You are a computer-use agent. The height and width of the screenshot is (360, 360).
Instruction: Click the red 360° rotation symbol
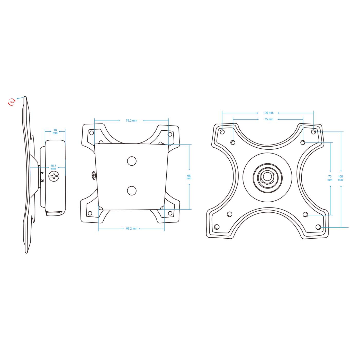(x=12, y=102)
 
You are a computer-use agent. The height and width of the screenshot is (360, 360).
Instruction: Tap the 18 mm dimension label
(x=55, y=131)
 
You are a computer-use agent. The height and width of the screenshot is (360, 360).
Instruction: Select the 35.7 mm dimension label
(x=53, y=167)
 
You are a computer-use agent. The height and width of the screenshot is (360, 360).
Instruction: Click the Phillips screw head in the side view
(x=54, y=176)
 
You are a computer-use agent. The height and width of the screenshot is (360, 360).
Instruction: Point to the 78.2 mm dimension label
(x=131, y=121)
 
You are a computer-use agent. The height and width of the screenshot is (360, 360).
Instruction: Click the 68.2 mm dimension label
(x=132, y=229)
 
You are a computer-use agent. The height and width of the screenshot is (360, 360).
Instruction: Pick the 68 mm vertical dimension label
(x=189, y=177)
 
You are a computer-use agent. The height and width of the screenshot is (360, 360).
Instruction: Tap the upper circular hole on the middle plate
(x=132, y=161)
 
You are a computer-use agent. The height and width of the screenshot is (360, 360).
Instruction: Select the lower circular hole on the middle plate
(x=132, y=191)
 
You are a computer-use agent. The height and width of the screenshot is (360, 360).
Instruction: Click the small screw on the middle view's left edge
(x=94, y=175)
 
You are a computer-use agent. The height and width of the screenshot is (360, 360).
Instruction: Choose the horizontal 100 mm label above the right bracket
(x=268, y=113)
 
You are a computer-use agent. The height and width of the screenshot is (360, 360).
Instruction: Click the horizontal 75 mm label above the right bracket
(x=269, y=119)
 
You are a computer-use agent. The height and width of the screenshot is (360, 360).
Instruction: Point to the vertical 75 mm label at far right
(x=330, y=178)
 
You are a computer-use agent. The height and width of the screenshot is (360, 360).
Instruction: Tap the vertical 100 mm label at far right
(x=340, y=178)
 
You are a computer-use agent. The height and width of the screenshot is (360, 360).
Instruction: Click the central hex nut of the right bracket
(x=267, y=177)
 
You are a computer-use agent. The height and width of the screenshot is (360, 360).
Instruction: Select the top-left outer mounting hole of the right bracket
(x=222, y=132)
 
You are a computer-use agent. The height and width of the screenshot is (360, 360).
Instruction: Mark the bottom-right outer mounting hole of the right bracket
(x=318, y=227)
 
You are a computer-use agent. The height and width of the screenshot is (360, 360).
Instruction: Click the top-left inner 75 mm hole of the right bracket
(x=233, y=142)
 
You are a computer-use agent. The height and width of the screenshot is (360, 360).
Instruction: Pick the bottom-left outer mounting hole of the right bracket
(x=217, y=227)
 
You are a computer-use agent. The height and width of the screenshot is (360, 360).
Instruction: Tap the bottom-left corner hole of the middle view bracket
(x=90, y=213)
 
